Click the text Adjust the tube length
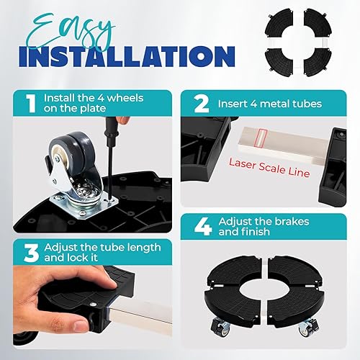102,248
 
